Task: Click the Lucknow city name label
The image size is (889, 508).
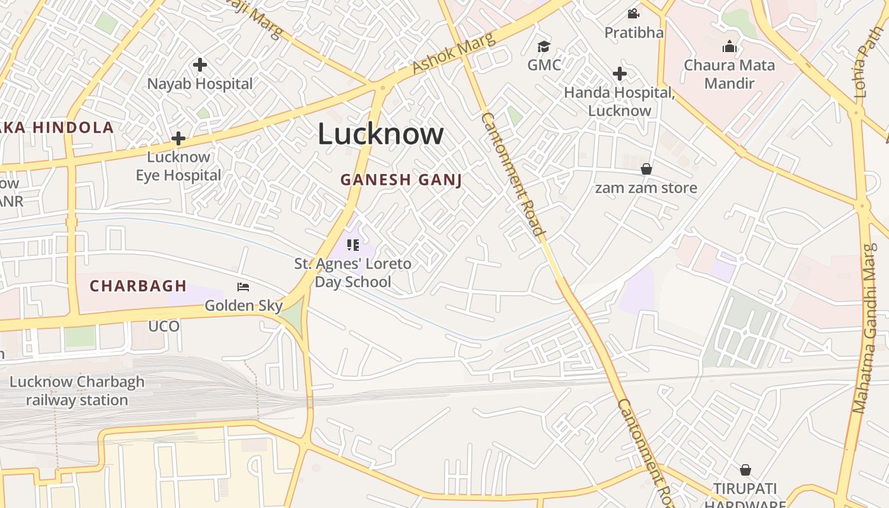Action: (x=380, y=134)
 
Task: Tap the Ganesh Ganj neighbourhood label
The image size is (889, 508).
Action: (x=401, y=180)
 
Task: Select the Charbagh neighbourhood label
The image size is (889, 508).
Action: (x=138, y=286)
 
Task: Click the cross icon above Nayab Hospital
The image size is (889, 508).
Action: (x=200, y=65)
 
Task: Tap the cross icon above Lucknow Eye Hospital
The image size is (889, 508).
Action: (x=178, y=138)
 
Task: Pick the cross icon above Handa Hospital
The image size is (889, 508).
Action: (x=619, y=74)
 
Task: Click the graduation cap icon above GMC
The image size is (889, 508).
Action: (x=544, y=46)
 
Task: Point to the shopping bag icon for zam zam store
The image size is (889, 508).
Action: (x=646, y=169)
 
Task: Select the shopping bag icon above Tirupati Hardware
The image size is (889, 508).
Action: (x=745, y=470)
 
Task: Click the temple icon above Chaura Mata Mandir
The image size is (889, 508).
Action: (x=729, y=46)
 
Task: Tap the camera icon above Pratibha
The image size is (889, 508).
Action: (x=633, y=13)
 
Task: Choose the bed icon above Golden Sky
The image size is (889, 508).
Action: (x=243, y=287)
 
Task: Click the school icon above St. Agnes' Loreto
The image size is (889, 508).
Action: (x=353, y=244)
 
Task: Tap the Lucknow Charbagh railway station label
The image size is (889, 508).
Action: (x=77, y=391)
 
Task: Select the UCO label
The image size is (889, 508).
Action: (x=164, y=326)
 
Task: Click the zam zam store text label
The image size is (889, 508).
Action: (x=646, y=188)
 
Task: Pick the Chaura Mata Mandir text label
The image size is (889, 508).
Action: (x=729, y=74)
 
